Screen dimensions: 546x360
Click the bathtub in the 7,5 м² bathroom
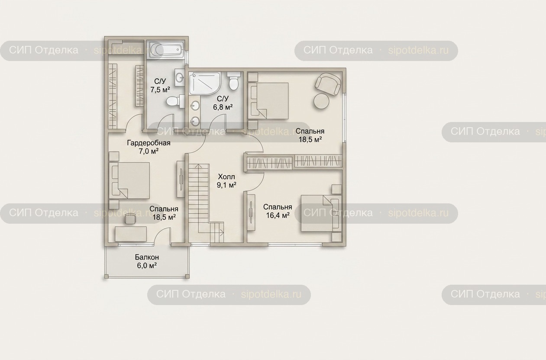(166, 50)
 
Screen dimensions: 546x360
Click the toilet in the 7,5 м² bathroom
(175, 101)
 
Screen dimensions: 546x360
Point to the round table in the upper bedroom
(321, 101)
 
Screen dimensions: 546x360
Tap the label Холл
(226, 177)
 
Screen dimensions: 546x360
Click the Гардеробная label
(149, 143)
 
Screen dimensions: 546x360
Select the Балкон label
(147, 257)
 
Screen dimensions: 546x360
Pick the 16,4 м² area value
(278, 215)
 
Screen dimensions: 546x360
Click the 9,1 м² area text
(226, 185)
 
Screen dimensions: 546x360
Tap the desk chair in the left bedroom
(130, 219)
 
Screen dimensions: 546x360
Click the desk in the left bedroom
(131, 234)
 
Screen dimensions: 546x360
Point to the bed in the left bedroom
(129, 180)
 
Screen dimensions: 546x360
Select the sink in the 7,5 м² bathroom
(180, 77)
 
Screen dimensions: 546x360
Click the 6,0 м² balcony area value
(147, 266)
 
